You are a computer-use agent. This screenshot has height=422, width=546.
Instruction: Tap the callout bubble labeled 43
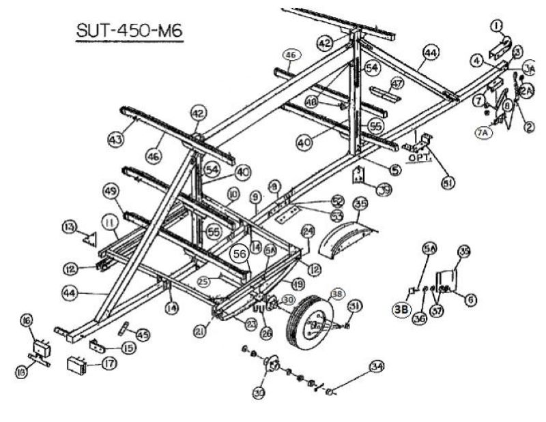tap(115, 140)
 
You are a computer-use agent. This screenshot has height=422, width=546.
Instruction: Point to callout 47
tap(397, 82)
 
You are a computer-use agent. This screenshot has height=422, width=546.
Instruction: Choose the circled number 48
tap(312, 101)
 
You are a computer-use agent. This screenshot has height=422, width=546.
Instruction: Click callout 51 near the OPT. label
tap(429, 182)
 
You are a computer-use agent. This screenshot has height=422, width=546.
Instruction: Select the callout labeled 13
tap(87, 226)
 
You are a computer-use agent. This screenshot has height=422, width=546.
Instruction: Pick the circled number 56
tap(240, 252)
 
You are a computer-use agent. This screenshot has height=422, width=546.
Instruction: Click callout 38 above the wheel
tap(336, 295)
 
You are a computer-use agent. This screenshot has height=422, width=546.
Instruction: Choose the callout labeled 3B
tap(401, 310)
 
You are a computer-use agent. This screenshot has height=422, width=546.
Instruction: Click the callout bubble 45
tap(142, 335)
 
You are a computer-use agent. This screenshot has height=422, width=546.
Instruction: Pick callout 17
tap(105, 363)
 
